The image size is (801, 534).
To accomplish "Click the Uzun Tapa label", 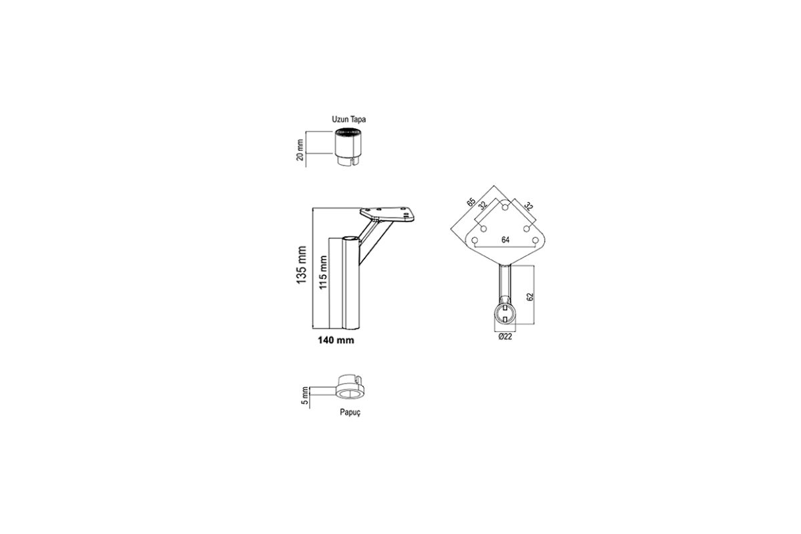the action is point(348,119).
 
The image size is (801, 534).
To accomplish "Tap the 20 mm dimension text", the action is point(300,150).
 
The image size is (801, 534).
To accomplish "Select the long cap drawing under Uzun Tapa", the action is point(348,147).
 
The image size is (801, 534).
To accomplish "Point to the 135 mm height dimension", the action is point(302,265).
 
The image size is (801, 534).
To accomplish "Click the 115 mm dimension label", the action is point(323,272).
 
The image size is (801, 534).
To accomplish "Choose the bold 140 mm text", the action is point(336,340).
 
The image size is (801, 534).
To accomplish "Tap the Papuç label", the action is point(350,413).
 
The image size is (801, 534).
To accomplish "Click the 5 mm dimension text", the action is point(304,396).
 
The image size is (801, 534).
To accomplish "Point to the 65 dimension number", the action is point(471,202).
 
